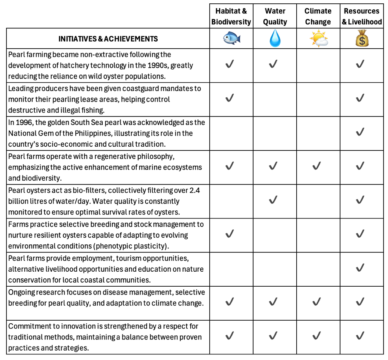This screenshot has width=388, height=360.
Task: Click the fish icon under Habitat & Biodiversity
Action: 231,39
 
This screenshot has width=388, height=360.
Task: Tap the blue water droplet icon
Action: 275,39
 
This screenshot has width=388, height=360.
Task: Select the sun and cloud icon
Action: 318,39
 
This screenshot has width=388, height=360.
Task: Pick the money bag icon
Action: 361,39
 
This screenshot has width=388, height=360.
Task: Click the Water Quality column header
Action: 275,16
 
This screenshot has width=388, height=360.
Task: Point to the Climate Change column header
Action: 318,16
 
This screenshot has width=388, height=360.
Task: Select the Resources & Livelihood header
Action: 361,16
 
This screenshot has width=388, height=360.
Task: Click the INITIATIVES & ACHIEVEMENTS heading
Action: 108,39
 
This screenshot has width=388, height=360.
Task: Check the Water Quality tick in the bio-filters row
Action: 273,200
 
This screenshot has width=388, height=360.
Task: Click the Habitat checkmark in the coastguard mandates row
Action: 230,98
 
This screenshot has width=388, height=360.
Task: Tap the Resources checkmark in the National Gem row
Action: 360,132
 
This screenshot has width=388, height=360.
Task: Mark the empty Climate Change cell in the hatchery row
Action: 318,65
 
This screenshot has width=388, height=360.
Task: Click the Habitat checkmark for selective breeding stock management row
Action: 230,234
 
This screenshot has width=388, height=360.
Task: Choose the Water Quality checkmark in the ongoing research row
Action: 273,302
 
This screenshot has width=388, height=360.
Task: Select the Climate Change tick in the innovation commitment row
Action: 317,336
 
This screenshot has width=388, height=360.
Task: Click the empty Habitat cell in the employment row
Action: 231,268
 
